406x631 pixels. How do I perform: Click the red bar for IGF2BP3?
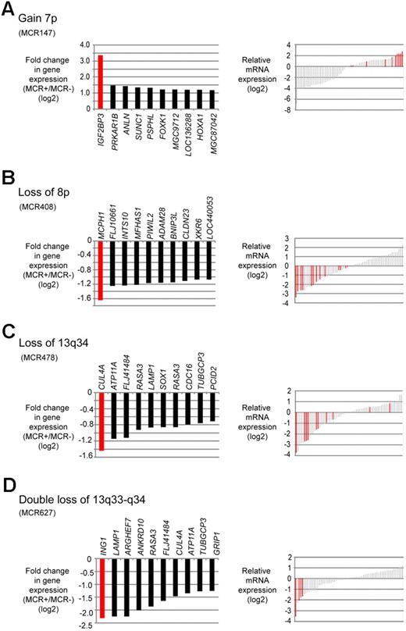[x=101, y=82]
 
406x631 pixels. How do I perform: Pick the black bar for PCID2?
[x=211, y=407]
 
